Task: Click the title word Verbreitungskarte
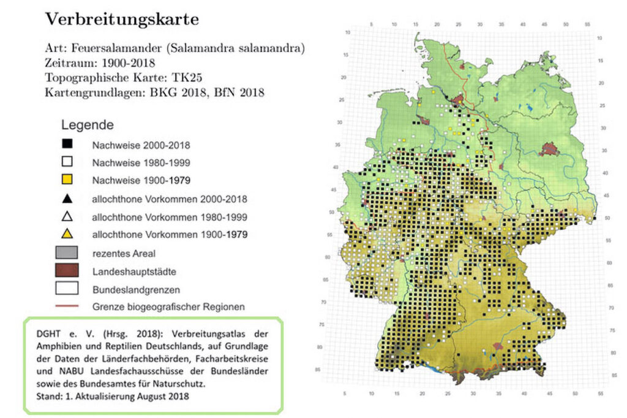click(122, 19)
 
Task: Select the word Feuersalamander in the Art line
click(118, 48)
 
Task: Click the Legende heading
click(87, 125)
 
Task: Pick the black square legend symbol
click(67, 145)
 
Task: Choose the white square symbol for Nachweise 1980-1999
click(67, 162)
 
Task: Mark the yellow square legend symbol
click(67, 180)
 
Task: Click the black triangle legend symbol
click(67, 198)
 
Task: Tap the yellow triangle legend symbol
click(67, 234)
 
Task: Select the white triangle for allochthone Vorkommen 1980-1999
click(67, 216)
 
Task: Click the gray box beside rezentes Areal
click(67, 253)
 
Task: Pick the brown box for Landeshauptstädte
click(67, 270)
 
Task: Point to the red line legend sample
click(67, 306)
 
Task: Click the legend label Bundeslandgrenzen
click(132, 288)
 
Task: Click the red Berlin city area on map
click(549, 149)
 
